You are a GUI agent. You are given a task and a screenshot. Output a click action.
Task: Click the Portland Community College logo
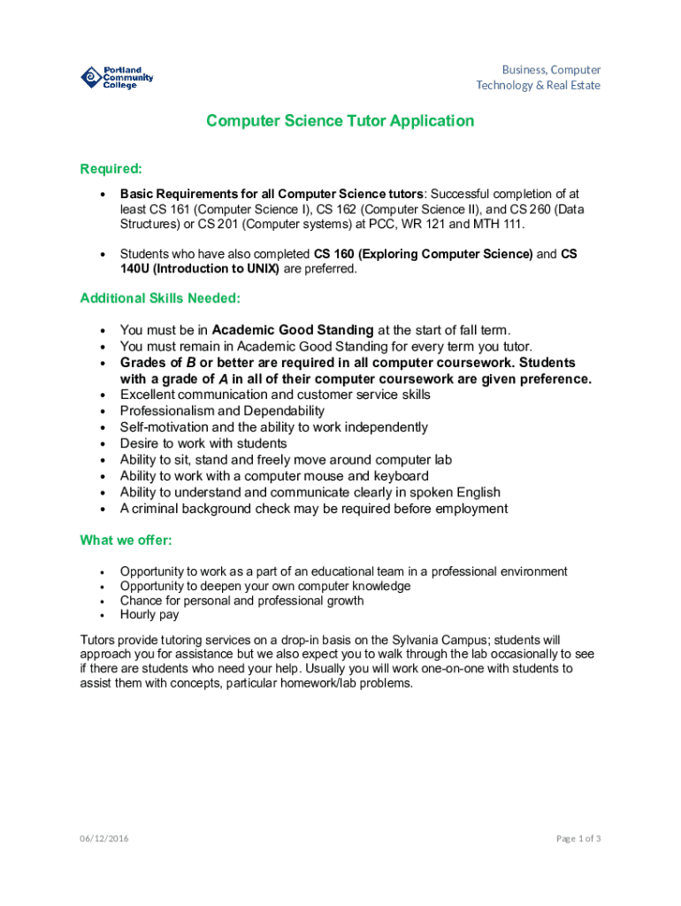coord(117,78)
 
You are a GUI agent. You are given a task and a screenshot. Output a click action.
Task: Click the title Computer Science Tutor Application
coord(340,121)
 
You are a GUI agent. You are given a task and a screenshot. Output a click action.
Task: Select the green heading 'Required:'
coord(111,169)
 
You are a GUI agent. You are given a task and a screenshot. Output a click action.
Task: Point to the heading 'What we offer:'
coord(126,540)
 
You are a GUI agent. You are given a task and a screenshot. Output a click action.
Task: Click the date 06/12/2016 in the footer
coord(103,839)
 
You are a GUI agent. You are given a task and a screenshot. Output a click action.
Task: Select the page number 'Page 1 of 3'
coord(578,839)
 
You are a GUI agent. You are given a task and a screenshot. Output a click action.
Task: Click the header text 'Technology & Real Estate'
coord(538,86)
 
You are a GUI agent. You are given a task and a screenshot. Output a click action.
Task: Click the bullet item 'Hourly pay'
coord(149,614)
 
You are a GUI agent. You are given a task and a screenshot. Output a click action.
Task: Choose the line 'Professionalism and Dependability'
coord(222,411)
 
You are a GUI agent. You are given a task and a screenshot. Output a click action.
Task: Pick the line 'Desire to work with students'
coord(203,443)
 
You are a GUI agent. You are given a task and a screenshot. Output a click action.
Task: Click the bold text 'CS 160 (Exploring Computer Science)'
coord(423,254)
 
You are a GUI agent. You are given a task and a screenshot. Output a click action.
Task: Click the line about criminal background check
coord(314,509)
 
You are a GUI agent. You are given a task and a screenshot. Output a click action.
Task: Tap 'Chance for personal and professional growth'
coord(241,601)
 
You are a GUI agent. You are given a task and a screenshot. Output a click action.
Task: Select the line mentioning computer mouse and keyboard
coord(274,476)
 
